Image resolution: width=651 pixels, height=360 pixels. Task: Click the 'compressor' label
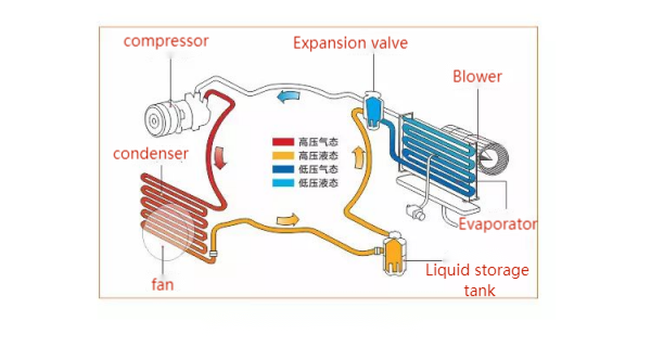pyautogui.click(x=165, y=41)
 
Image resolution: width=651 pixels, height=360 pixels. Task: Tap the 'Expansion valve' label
pyautogui.click(x=350, y=43)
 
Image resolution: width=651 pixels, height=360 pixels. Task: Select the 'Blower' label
pyautogui.click(x=477, y=76)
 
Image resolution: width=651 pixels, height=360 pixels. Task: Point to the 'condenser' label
pyautogui.click(x=150, y=153)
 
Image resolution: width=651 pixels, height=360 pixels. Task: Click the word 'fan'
pyautogui.click(x=162, y=284)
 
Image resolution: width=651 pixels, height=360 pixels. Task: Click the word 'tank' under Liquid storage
pyautogui.click(x=480, y=290)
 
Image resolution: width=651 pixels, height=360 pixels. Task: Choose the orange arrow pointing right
pyautogui.click(x=288, y=220)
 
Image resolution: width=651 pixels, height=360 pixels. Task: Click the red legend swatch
pyautogui.click(x=283, y=142)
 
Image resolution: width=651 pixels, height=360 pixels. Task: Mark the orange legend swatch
pyautogui.click(x=283, y=156)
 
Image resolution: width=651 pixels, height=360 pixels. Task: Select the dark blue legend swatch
pyautogui.click(x=283, y=169)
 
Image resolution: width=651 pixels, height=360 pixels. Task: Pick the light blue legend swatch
pyautogui.click(x=283, y=183)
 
